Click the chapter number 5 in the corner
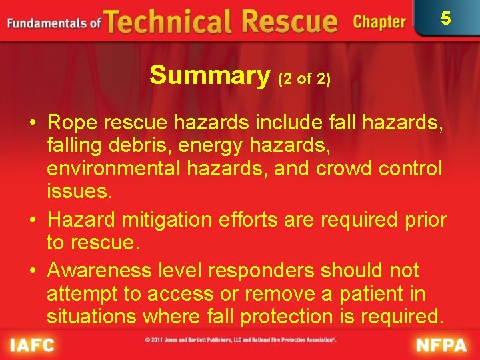tap(446, 18)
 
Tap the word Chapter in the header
tap(379, 22)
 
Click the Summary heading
tap(209, 75)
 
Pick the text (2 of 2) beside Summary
tap(304, 79)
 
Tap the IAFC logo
tap(32, 345)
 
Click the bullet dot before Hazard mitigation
tap(32, 220)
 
